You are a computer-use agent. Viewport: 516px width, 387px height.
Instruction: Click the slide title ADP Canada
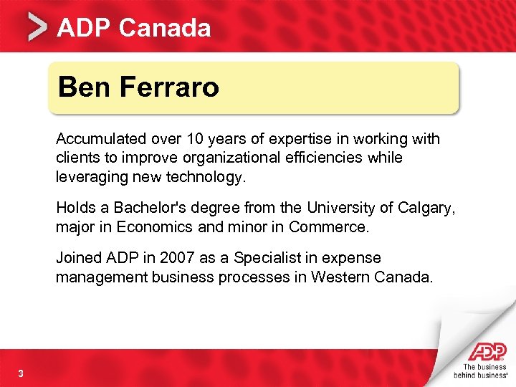134,28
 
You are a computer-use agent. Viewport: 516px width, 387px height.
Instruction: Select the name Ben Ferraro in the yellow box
138,87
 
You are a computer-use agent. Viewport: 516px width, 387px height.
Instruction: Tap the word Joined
77,258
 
